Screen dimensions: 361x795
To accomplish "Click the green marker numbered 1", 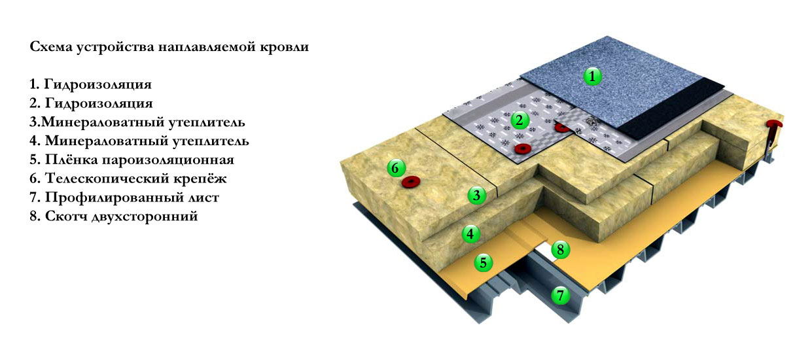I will click(592, 77).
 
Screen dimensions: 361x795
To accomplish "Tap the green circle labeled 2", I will click(519, 120).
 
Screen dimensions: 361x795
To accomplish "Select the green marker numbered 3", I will click(477, 194).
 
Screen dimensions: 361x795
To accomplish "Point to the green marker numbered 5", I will click(483, 263).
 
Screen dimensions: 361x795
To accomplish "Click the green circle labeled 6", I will click(395, 168).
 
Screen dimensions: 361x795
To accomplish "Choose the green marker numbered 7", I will click(559, 295).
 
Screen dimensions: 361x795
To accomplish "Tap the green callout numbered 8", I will click(559, 249).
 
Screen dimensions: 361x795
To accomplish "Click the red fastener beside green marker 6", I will click(411, 180).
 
